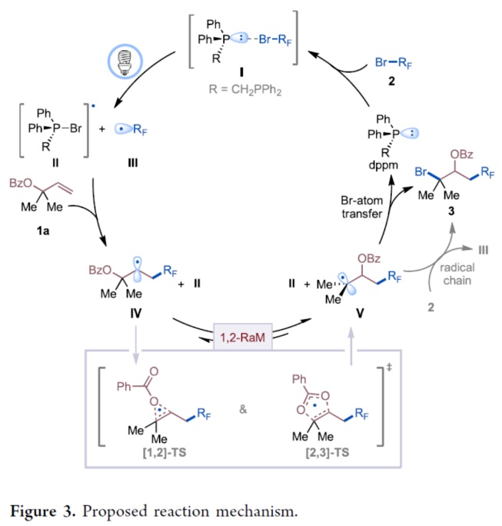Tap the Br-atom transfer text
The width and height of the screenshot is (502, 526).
pos(361,208)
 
